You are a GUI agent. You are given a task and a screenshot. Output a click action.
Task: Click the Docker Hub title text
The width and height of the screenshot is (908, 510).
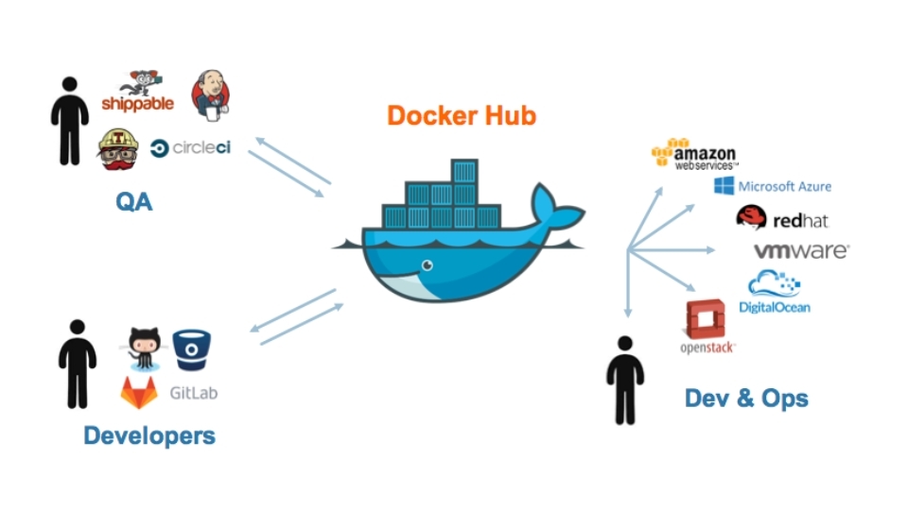point(462,115)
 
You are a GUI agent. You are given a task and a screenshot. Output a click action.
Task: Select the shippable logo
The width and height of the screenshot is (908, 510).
point(138,93)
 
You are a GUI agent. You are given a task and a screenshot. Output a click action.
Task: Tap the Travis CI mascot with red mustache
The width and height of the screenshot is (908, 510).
point(120,148)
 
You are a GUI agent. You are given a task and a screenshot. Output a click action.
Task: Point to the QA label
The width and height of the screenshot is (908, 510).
point(133,202)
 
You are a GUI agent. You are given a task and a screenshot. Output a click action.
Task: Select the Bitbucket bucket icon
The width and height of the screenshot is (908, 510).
point(192,348)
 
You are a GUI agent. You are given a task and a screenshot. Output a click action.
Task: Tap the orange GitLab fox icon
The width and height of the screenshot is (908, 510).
point(139,393)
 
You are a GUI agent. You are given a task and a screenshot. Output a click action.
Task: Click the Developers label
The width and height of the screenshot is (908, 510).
point(149,435)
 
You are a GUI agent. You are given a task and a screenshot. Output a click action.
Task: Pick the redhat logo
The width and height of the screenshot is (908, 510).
point(782,218)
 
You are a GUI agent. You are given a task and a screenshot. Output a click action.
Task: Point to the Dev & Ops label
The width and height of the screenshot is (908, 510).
point(746,398)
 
